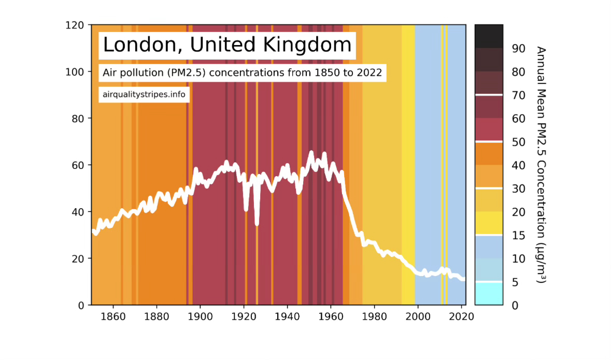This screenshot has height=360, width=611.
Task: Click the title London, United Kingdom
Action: pos(227,45)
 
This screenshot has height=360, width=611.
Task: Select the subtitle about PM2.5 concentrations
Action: pos(243,73)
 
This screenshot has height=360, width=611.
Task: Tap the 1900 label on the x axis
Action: pos(200,316)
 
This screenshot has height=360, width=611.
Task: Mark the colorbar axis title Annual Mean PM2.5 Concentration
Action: pos(541,165)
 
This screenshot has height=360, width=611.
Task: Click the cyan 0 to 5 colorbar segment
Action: pos(489,294)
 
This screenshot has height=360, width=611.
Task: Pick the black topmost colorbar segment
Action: pos(489,36)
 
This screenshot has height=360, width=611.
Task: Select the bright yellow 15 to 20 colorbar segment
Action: pos(489,223)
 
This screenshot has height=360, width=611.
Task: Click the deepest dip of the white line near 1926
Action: pos(257,224)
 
